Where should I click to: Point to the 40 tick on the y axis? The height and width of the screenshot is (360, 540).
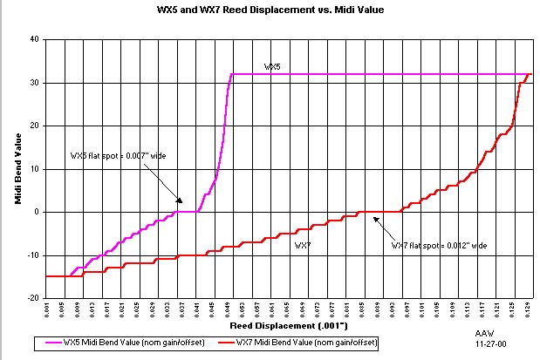[x=34, y=39]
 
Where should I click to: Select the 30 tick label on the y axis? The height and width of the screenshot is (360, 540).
[x=34, y=83]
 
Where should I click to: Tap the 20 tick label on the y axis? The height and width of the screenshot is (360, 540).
[x=34, y=126]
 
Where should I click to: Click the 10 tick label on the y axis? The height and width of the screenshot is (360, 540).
[x=34, y=168]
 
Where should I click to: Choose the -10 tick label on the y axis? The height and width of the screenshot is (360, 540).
[x=32, y=255]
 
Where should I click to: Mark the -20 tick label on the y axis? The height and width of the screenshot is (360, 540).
[x=32, y=297]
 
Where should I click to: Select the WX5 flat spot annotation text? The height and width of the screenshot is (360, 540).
[x=118, y=155]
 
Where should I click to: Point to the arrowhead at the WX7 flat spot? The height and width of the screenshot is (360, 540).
[x=375, y=218]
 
